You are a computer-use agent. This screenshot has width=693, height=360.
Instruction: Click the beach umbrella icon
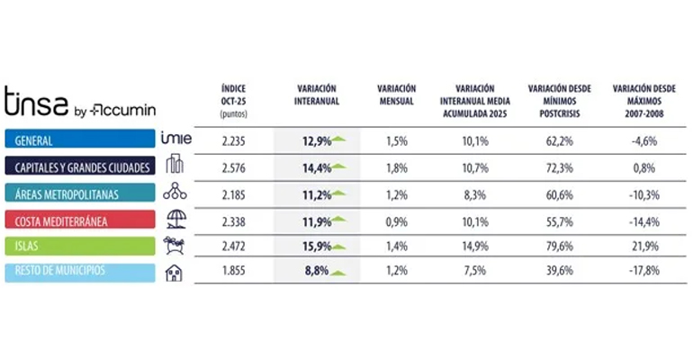[175, 219]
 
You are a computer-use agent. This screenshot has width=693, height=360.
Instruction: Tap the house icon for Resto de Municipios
[175, 271]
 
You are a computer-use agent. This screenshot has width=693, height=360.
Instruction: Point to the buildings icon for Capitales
[175, 166]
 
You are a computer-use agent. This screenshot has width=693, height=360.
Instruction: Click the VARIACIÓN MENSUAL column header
[397, 95]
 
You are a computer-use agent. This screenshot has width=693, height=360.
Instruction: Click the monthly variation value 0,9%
[397, 219]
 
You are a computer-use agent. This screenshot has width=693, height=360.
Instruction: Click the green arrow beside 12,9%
[339, 139]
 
